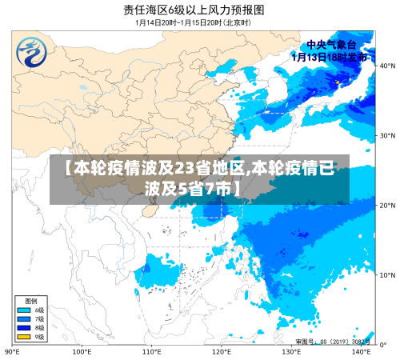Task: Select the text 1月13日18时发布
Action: tap(330, 58)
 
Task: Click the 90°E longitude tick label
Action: tap(13, 351)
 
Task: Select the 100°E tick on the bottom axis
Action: tap(82, 351)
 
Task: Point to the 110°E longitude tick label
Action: tap(152, 351)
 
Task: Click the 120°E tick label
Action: tap(222, 351)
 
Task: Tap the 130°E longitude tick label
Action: tap(292, 351)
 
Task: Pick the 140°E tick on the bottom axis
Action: tap(362, 351)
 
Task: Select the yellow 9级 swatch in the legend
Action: tap(24, 337)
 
